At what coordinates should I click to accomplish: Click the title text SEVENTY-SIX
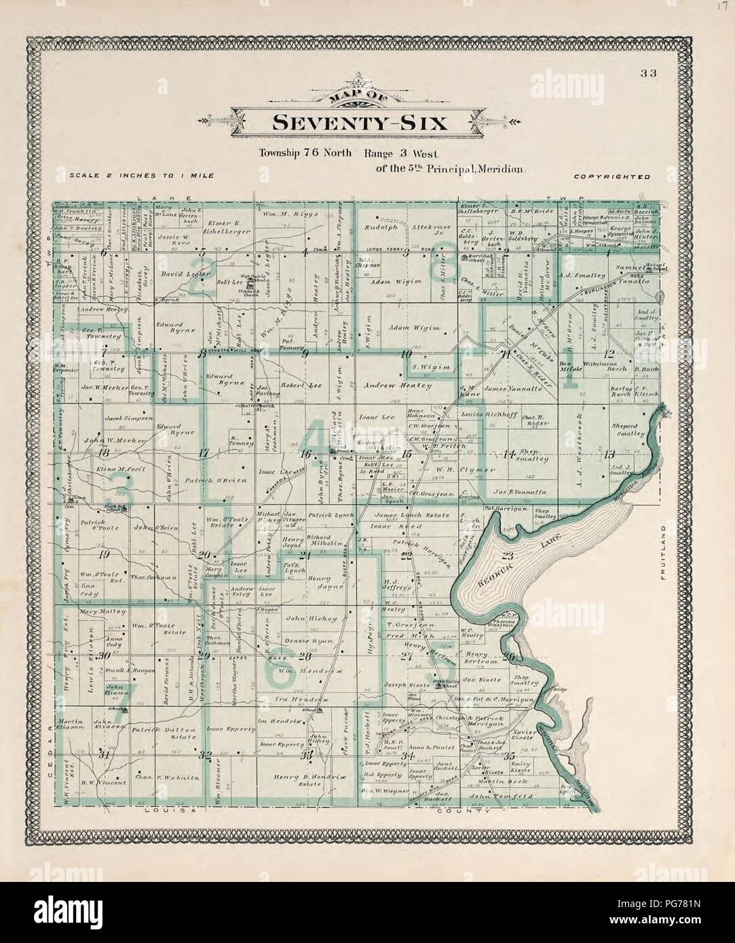pos(360,123)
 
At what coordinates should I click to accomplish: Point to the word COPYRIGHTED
pos(612,176)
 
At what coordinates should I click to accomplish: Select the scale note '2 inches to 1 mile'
pos(142,176)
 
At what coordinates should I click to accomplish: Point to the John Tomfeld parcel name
pos(501,795)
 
